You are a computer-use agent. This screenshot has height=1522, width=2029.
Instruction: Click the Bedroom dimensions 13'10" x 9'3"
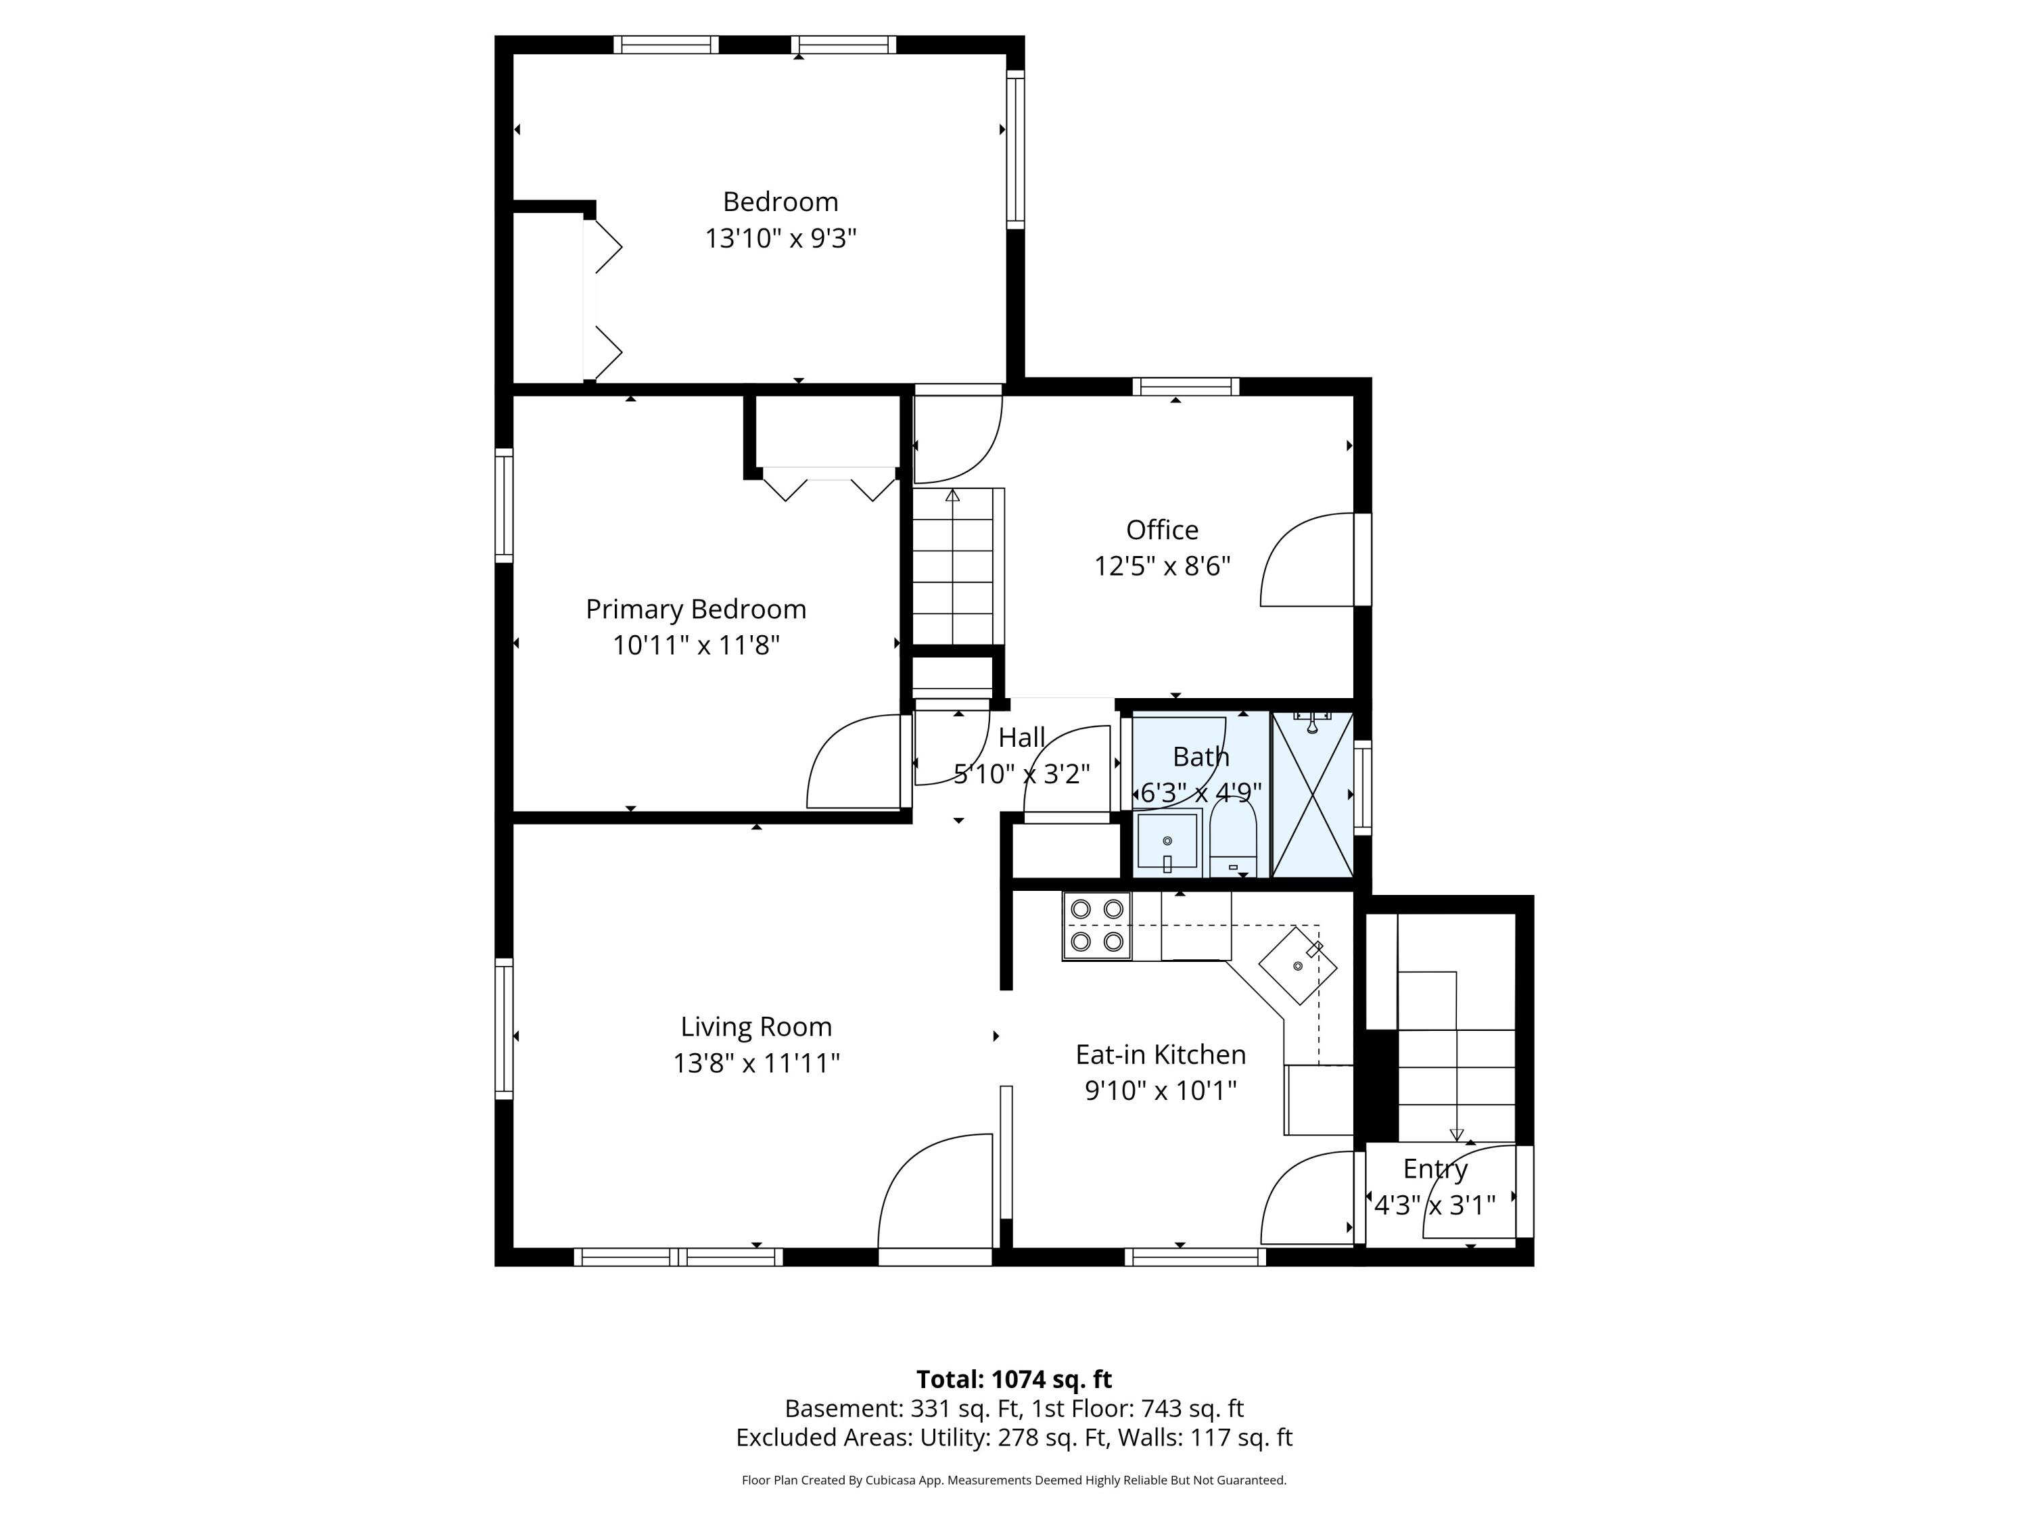pyautogui.click(x=780, y=239)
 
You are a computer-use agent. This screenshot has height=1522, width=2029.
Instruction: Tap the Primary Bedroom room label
pyautogui.click(x=696, y=609)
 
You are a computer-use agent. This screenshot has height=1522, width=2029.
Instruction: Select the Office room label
pyautogui.click(x=1162, y=530)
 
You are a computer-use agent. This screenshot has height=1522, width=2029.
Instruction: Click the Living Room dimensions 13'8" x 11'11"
pyautogui.click(x=757, y=1063)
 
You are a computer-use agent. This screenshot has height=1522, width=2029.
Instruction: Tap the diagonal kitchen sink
pyautogui.click(x=1298, y=965)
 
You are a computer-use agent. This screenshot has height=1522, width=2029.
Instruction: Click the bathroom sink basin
pyautogui.click(x=1167, y=841)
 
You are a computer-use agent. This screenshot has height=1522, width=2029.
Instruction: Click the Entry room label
pyautogui.click(x=1436, y=1169)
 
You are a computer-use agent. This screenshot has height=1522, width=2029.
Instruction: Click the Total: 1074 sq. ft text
pyautogui.click(x=1014, y=1379)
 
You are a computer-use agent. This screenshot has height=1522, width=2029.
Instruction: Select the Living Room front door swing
pyautogui.click(x=935, y=1193)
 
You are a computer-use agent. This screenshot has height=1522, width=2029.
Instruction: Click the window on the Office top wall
pyautogui.click(x=1186, y=386)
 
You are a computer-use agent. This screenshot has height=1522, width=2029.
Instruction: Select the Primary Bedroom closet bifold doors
pyautogui.click(x=829, y=484)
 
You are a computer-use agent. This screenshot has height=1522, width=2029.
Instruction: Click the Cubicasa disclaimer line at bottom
pyautogui.click(x=1014, y=1480)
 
